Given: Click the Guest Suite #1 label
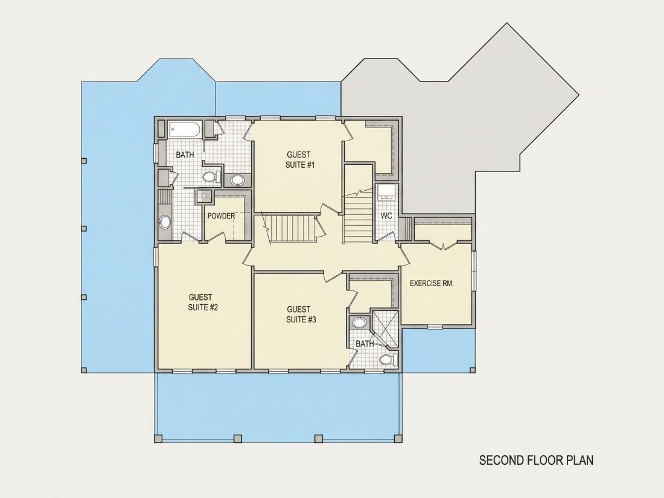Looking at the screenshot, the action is pos(300,159).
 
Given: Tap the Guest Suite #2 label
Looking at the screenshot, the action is pos(203,302).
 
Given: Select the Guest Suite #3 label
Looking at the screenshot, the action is pos(301,314).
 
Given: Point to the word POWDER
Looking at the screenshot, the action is pos(221,216).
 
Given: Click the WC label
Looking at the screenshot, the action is pos(386,215).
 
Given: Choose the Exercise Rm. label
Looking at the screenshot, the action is pos(432,283).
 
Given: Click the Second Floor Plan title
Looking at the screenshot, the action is pos(536,460).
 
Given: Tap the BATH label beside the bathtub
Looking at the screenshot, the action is pos(185,155).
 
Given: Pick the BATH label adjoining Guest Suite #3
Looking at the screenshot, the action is pos(365,343).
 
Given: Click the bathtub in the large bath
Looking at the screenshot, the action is pos(185,130).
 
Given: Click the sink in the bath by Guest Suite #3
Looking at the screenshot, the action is pos(359,323).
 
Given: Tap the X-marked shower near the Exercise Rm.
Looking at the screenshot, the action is pos(385,329).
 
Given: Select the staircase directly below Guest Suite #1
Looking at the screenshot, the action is pos(292,229).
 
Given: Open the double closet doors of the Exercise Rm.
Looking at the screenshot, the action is pos(443,245).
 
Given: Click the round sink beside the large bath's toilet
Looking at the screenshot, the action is pos(237,180).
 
